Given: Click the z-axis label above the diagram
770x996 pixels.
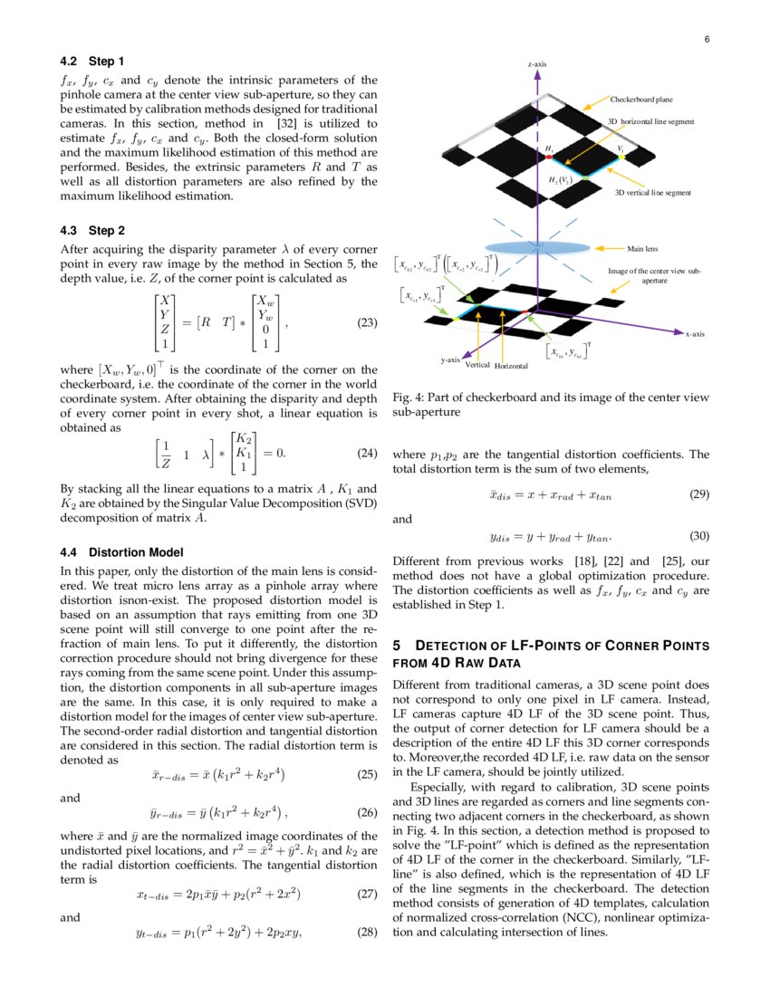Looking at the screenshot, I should (x=537, y=64).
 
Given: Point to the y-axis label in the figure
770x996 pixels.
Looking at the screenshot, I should (x=450, y=359).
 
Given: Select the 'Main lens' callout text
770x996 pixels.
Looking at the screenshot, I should (x=642, y=247).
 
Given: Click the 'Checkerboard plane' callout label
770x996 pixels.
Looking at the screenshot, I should (x=641, y=99).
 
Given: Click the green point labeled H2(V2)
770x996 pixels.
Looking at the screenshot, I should (x=584, y=178).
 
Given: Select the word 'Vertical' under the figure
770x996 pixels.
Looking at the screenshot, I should (x=477, y=365).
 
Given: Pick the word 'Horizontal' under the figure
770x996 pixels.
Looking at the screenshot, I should (x=512, y=366).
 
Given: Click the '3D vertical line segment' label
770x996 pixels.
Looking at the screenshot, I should (x=653, y=193).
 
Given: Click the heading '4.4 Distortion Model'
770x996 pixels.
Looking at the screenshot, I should (x=121, y=552).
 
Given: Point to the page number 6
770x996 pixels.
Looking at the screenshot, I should (x=707, y=39).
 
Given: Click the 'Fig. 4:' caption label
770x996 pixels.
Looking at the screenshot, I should (x=408, y=397).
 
